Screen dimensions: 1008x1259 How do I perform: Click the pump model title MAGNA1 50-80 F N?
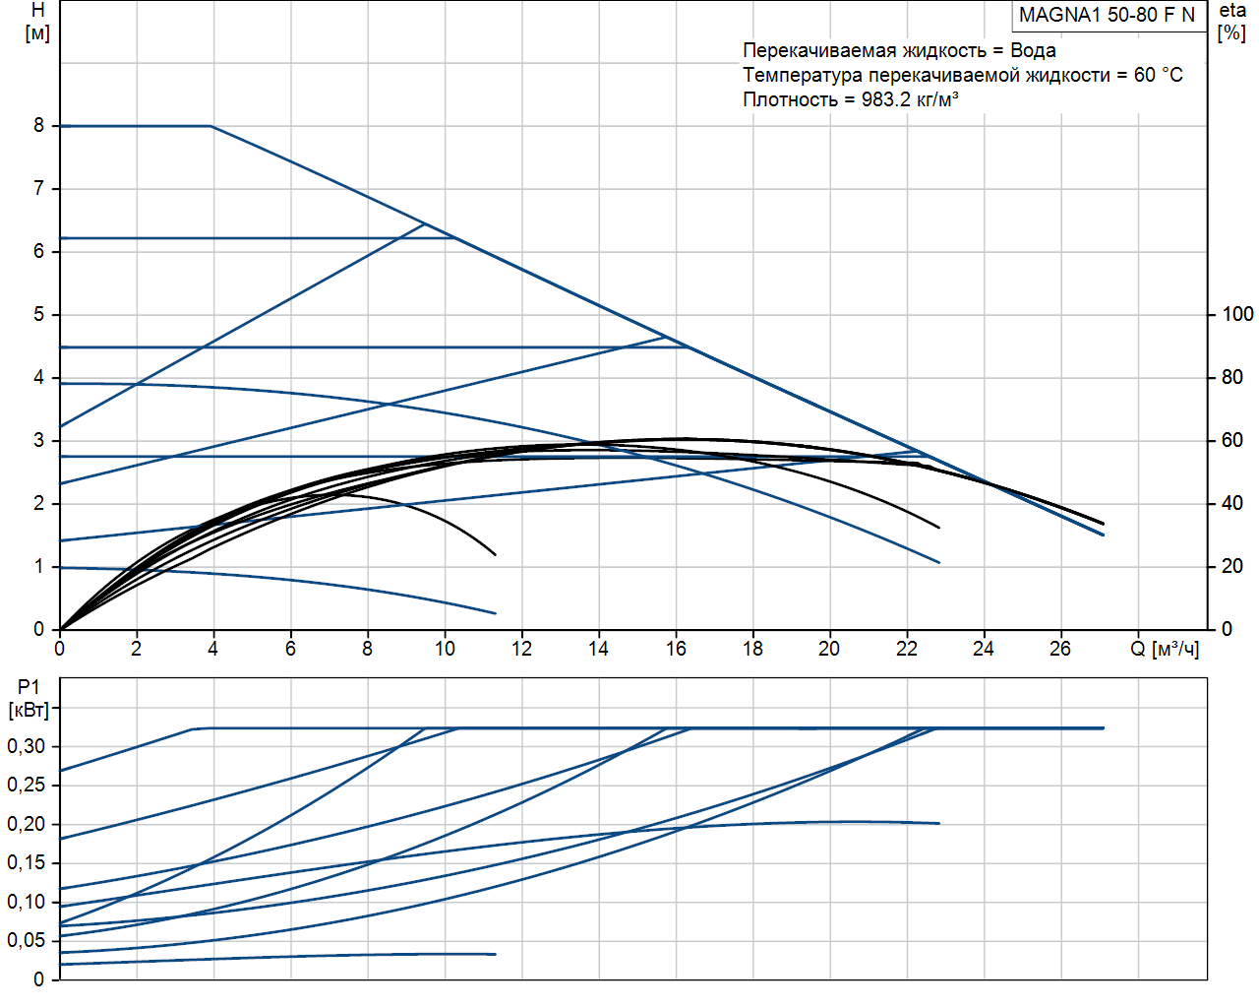[x=1107, y=15]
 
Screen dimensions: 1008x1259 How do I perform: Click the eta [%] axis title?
[x=1232, y=21]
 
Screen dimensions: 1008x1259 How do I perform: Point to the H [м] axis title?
[x=37, y=21]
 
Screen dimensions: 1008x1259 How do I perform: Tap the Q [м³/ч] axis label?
[x=1165, y=649]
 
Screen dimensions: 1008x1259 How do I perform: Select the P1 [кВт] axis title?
[x=29, y=698]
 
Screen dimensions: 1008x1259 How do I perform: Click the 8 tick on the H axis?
[x=39, y=126]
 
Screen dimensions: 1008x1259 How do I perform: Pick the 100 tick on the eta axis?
[x=1237, y=314]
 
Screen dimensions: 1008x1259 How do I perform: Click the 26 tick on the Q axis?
[x=1060, y=649]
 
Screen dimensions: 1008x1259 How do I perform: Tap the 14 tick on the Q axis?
[x=598, y=649]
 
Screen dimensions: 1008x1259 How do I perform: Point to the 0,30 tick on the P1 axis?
[x=27, y=746]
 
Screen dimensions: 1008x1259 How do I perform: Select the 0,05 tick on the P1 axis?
[x=27, y=940]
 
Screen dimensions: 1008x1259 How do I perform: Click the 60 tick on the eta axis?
[x=1232, y=440]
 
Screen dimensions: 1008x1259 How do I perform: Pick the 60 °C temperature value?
[x=1158, y=75]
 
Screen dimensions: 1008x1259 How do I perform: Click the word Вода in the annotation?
[x=1033, y=50]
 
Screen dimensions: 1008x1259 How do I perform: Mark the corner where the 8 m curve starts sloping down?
[x=211, y=126]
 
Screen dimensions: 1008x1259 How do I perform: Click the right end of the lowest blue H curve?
[x=496, y=613]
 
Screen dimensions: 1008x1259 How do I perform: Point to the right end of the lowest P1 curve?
[x=496, y=954]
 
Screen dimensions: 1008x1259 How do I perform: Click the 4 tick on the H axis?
[x=39, y=377]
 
